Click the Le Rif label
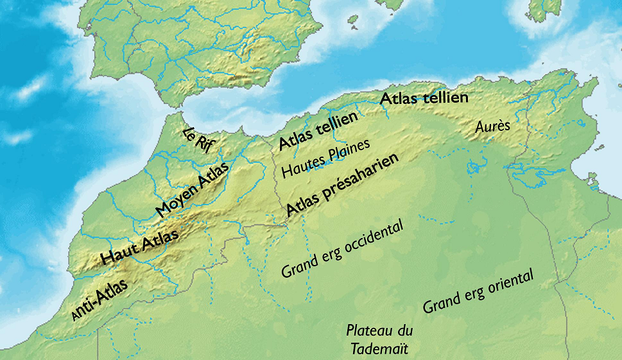point(197,140)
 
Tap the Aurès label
point(492,126)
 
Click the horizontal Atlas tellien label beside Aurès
point(424,99)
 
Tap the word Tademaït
point(379,348)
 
